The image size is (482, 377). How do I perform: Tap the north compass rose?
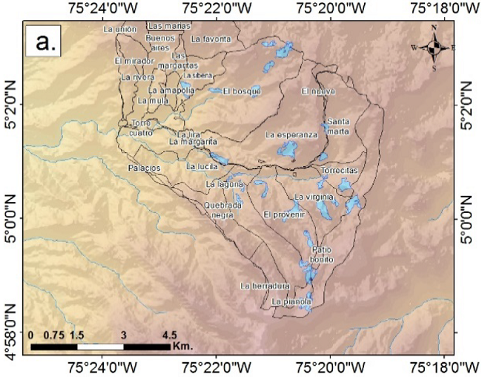point(434,47)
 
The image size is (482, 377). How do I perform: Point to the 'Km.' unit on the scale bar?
point(182,346)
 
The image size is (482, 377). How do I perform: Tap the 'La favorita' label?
point(211,39)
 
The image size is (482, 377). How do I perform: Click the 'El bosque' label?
point(242,91)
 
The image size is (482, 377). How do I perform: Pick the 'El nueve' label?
point(315,91)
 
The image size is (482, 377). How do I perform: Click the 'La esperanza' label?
point(291,135)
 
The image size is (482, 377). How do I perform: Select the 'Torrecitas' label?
point(340,171)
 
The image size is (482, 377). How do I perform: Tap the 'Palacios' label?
point(144,168)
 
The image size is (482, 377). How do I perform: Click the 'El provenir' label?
point(285,214)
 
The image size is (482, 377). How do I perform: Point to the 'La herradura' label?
point(264,286)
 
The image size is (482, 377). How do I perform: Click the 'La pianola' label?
point(291,302)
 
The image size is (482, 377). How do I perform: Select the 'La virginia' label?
point(316,197)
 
